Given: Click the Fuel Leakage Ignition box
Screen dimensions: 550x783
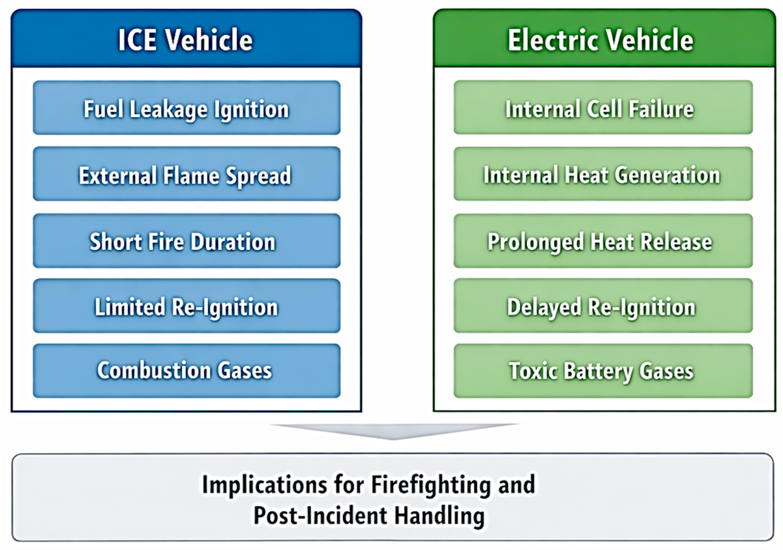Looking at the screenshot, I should pyautogui.click(x=186, y=108).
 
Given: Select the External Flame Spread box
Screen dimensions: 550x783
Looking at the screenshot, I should pyautogui.click(x=186, y=174).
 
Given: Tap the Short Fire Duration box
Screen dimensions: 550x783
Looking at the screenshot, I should pyautogui.click(x=186, y=241).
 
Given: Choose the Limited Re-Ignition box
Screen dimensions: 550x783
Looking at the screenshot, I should pyautogui.click(x=186, y=306).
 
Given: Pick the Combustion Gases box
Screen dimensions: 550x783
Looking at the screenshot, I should pyautogui.click(x=186, y=371).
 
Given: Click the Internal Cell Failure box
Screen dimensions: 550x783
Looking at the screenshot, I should pyautogui.click(x=603, y=108).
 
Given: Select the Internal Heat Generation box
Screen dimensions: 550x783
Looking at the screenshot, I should pyautogui.click(x=603, y=174).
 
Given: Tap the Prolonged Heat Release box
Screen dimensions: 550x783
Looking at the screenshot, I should pyautogui.click(x=603, y=241).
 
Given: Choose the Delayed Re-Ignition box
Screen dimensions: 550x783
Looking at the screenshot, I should pyautogui.click(x=603, y=306).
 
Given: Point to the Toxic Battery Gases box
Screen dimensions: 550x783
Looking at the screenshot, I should pyautogui.click(x=603, y=371).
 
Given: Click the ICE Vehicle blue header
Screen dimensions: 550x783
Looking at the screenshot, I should pyautogui.click(x=186, y=39).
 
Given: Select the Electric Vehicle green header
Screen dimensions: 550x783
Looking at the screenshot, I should pyautogui.click(x=604, y=39).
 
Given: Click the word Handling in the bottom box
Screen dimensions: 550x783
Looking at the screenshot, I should pyautogui.click(x=439, y=515).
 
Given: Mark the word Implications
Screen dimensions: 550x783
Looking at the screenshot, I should pyautogui.click(x=265, y=484).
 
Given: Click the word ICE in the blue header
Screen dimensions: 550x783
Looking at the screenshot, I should pyautogui.click(x=137, y=40).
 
